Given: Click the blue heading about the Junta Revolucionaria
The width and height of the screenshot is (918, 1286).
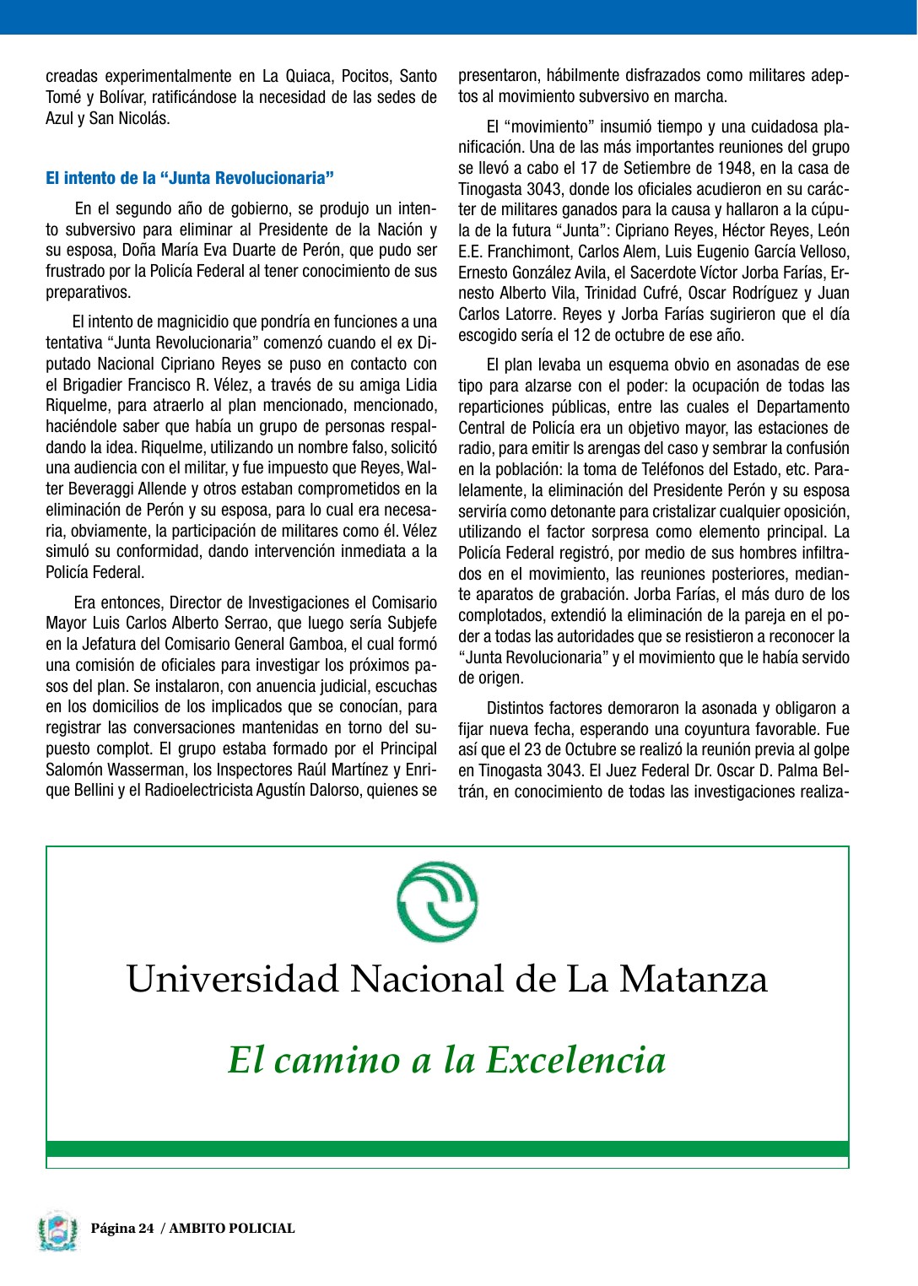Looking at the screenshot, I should click(190, 178).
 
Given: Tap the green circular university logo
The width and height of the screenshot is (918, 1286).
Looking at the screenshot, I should click(437, 902).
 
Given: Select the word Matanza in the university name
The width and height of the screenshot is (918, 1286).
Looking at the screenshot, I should click(693, 979).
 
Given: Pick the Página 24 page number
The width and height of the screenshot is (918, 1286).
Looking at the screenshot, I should click(122, 1229).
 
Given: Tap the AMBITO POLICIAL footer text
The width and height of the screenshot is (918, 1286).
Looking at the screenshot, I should click(232, 1229).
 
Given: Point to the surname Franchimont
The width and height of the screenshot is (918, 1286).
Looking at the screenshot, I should click(513, 251).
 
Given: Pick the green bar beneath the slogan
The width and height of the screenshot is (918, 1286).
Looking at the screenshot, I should click(447, 1148).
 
